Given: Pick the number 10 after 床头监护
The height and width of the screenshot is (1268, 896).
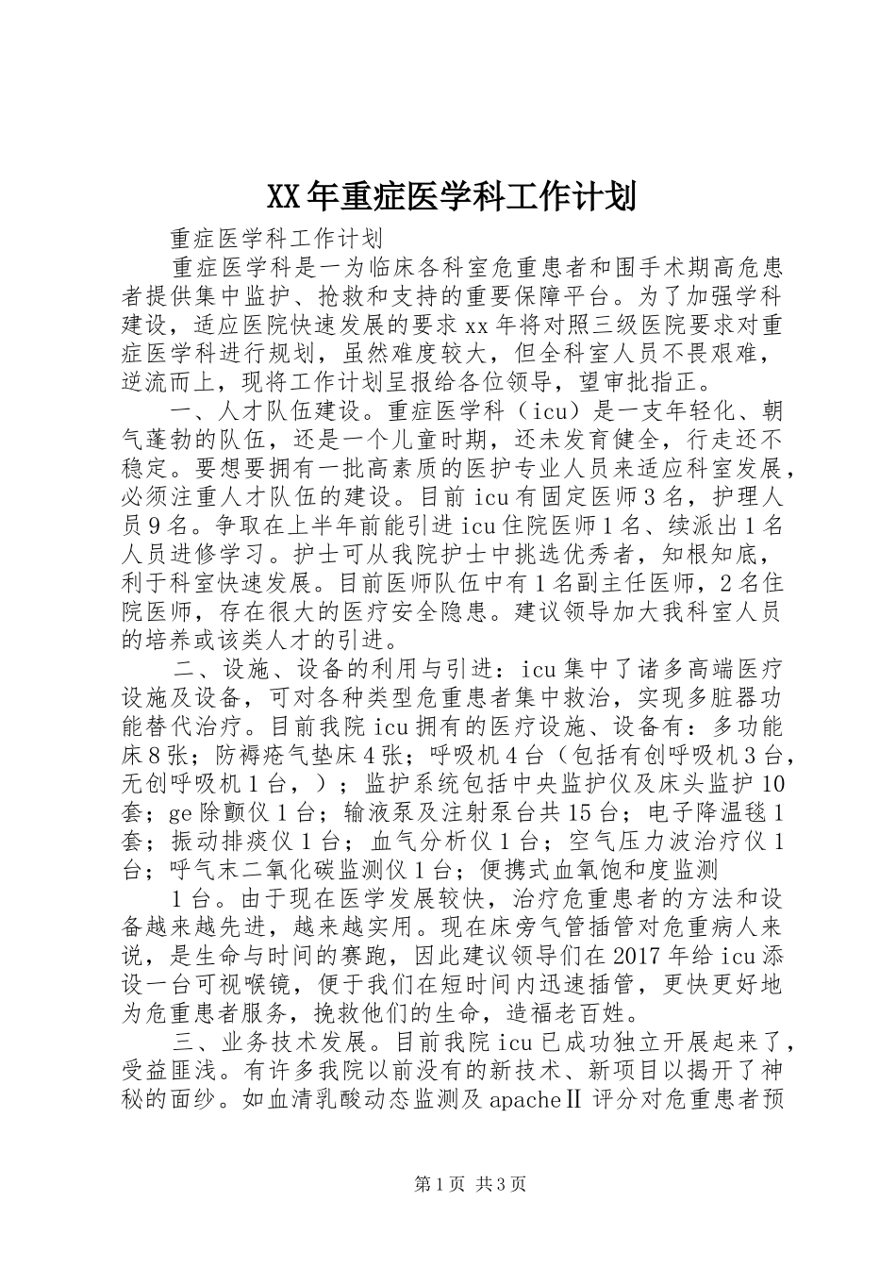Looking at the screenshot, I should pyautogui.click(x=772, y=785).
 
